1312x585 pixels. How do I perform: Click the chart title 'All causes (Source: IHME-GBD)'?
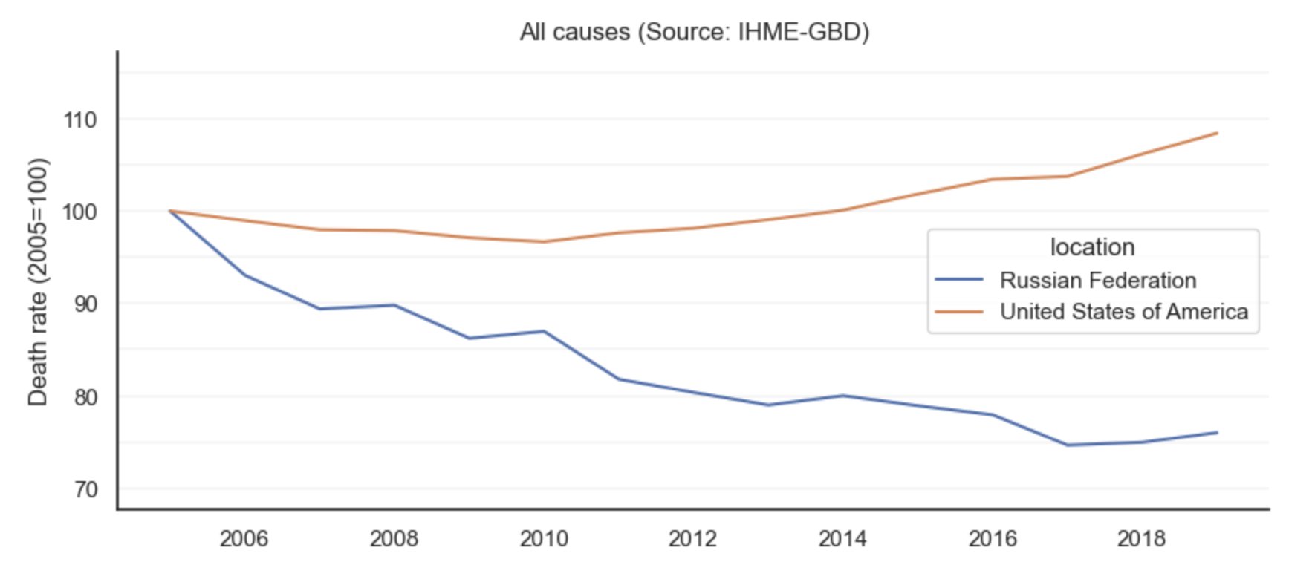pos(694,32)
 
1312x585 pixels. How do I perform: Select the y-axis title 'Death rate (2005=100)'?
pos(37,282)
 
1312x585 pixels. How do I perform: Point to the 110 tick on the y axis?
pos(80,120)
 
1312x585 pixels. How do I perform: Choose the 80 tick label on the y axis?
pos(85,396)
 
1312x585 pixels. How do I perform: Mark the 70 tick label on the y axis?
pos(85,489)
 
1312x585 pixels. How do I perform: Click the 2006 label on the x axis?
pos(244,538)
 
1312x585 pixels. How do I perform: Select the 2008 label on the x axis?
pos(394,538)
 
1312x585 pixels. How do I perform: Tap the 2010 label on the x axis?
pos(544,538)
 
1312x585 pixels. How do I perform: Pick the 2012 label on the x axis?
pos(692,538)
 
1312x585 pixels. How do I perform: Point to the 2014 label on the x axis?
pos(842,538)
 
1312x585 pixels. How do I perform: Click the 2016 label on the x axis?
pos(993,538)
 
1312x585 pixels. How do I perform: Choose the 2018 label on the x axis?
pos(1141,538)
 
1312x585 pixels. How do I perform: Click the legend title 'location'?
pos(1092,247)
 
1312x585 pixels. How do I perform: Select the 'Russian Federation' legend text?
pos(1098,280)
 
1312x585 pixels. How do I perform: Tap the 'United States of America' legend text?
pos(1123,312)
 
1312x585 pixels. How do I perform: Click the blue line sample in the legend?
pos(959,280)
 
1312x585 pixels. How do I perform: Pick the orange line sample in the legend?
pos(959,312)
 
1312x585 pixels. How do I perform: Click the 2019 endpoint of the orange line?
pos(1216,134)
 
